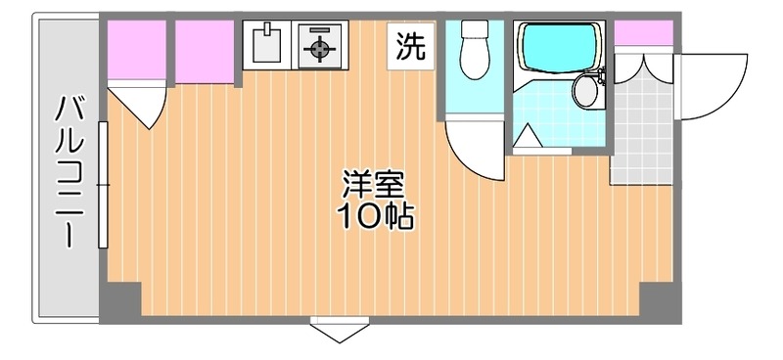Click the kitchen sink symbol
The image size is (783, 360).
pyautogui.click(x=266, y=45)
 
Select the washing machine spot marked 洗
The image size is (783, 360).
pyautogui.click(x=411, y=46)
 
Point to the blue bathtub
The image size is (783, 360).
pyautogui.click(x=558, y=48)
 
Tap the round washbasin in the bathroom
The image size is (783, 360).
pyautogui.click(x=585, y=90)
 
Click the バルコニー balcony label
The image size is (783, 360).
pyautogui.click(x=69, y=171)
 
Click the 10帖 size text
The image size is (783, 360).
pyautogui.click(x=376, y=216)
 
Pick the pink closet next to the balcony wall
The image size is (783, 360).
pyautogui.click(x=137, y=50)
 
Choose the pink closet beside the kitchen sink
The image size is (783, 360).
pyautogui.click(x=205, y=52)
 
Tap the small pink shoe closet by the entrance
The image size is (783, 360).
pyautogui.click(x=643, y=33)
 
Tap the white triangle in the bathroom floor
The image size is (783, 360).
pyautogui.click(x=528, y=136)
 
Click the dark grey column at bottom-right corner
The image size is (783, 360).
pyautogui.click(x=660, y=302)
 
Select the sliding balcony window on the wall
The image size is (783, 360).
pyautogui.click(x=104, y=185)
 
